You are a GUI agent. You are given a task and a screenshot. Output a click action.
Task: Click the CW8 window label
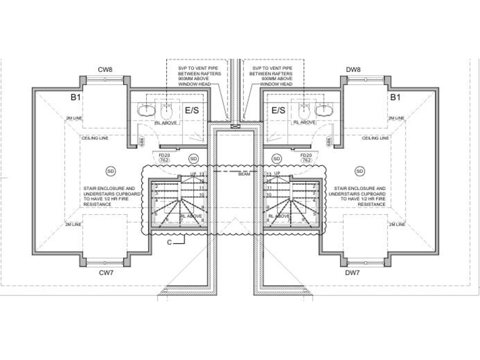click(104, 70)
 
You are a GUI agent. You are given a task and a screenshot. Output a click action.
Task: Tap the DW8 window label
click(353, 70)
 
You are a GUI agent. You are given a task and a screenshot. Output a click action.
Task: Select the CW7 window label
click(104, 272)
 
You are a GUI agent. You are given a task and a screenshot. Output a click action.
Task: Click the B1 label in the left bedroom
click(75, 98)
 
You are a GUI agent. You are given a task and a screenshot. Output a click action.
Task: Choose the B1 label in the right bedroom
click(395, 98)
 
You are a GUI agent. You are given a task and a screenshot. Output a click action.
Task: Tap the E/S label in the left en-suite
click(192, 110)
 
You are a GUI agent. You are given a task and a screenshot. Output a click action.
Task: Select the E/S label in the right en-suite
click(278, 110)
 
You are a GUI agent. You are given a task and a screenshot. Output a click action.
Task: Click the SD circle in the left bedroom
click(111, 170)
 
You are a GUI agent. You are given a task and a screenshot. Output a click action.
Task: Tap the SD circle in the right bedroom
click(359, 170)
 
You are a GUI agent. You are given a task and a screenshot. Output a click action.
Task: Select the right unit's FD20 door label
click(306, 154)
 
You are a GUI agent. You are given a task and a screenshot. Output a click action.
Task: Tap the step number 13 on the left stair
click(202, 175)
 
